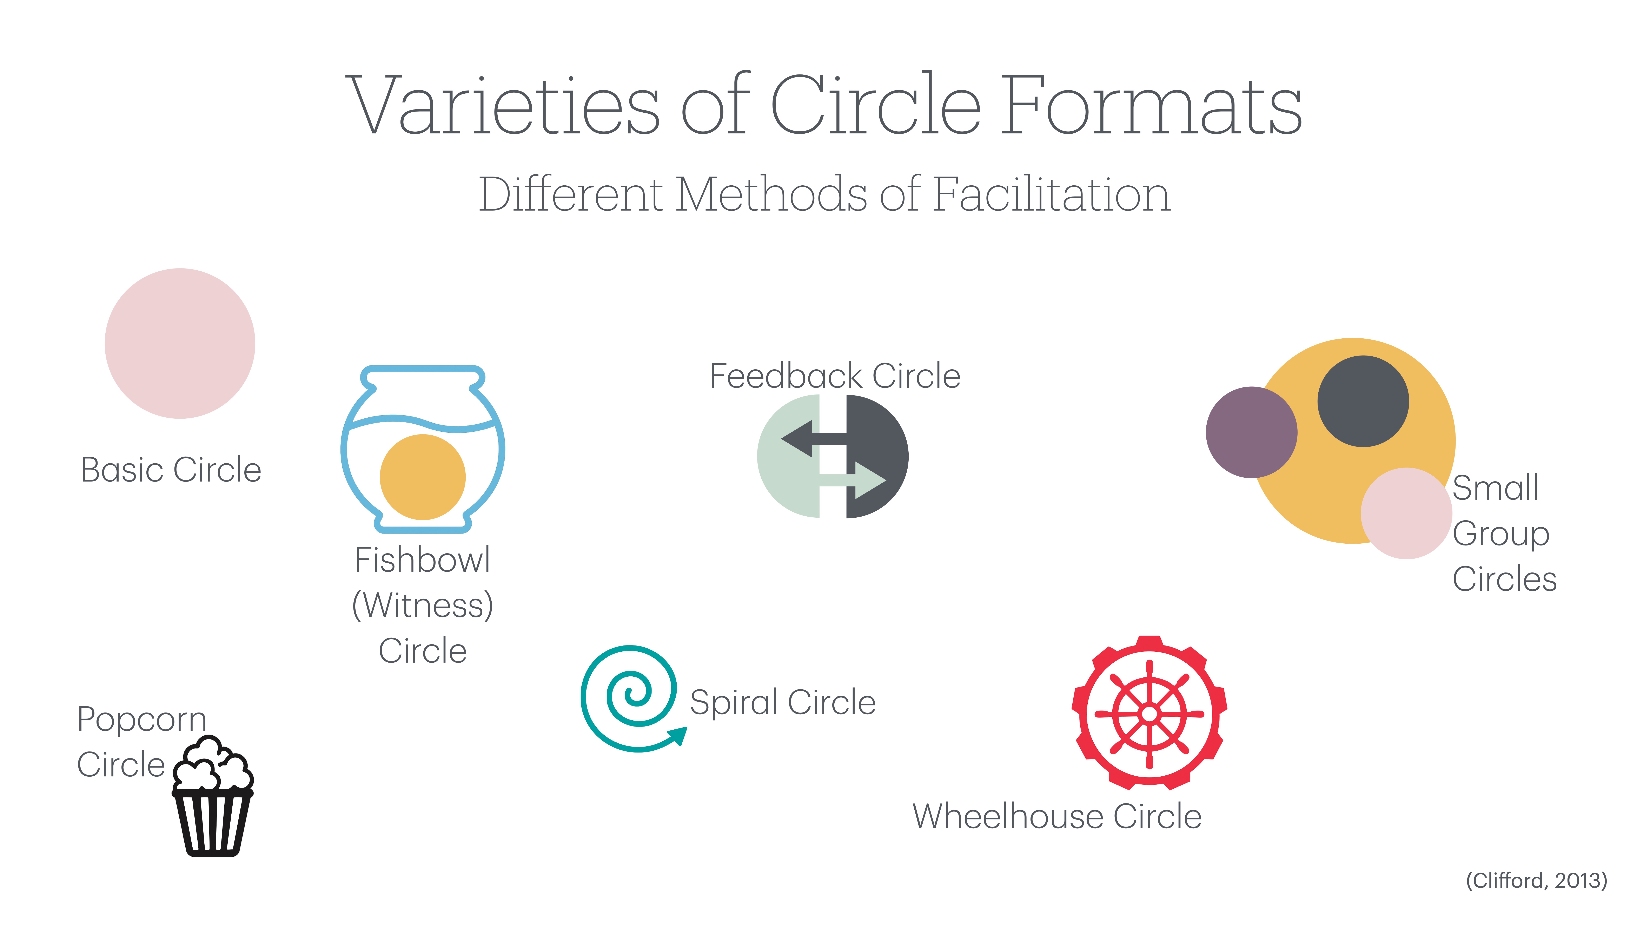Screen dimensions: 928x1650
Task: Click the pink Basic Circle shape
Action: (180, 343)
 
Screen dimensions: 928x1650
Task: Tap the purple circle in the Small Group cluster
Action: (1251, 432)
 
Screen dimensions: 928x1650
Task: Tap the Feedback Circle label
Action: (835, 376)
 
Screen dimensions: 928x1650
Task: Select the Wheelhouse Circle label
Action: (1057, 817)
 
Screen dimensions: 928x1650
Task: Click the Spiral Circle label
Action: (783, 703)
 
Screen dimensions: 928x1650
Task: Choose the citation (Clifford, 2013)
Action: (1536, 881)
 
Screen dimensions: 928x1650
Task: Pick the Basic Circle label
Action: (171, 470)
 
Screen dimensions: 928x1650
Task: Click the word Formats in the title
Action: (1151, 106)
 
